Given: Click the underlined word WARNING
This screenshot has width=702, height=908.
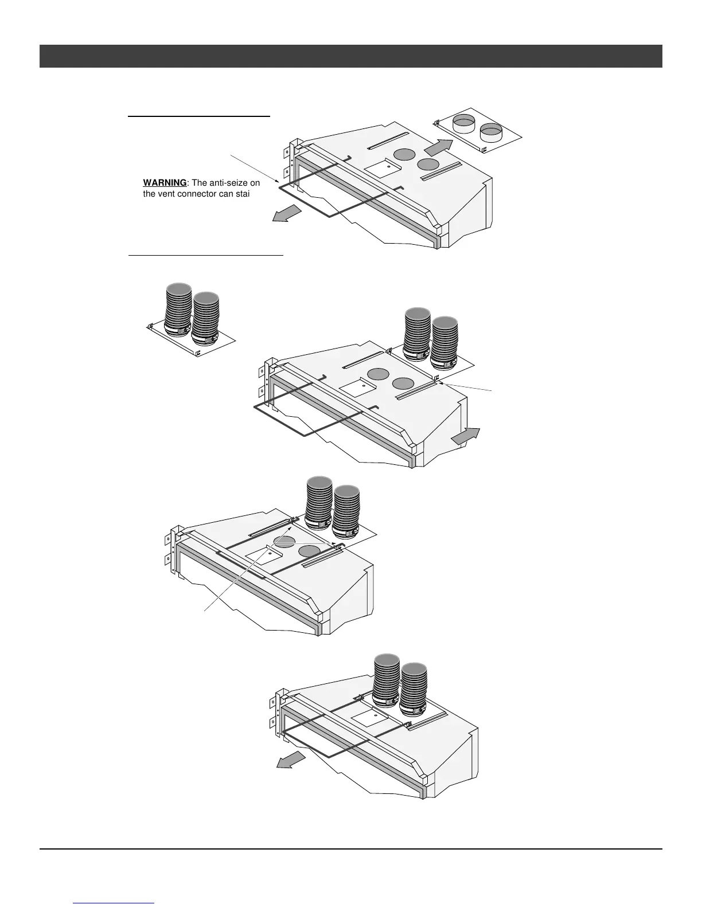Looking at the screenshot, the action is coord(165,183).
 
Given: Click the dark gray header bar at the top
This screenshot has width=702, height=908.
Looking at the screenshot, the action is coord(350,56).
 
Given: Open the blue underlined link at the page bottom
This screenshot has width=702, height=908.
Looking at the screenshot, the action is coord(114,903).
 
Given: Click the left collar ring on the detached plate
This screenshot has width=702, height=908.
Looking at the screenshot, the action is coord(463,123).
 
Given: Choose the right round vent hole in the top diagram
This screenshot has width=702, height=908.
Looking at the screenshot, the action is coord(428,165).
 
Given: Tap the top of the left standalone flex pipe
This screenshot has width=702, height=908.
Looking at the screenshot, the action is coord(178,288).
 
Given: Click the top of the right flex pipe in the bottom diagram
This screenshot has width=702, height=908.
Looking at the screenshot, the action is coord(414,668).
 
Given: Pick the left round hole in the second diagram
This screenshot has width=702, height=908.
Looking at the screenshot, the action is coord(378,374).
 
